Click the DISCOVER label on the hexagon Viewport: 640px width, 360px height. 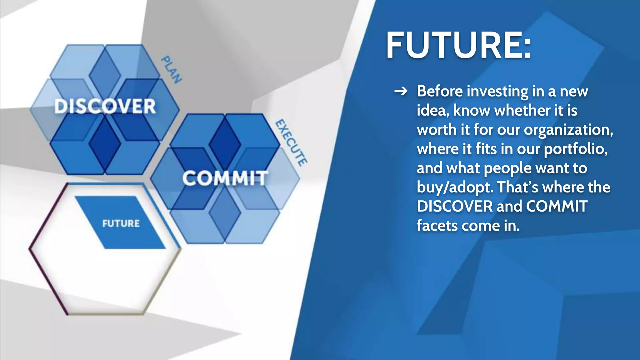point(105,106)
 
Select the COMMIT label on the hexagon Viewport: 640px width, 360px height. point(225,178)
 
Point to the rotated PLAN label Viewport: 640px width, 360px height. point(171,70)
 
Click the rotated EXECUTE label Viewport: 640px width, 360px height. point(291,142)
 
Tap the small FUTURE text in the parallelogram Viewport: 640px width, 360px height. point(121,223)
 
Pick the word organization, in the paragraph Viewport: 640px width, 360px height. point(568,130)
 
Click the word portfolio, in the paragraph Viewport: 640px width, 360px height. point(576,149)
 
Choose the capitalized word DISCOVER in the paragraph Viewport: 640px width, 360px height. point(455,207)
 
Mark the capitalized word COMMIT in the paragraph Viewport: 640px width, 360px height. point(557,207)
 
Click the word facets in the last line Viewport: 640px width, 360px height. point(437,226)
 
